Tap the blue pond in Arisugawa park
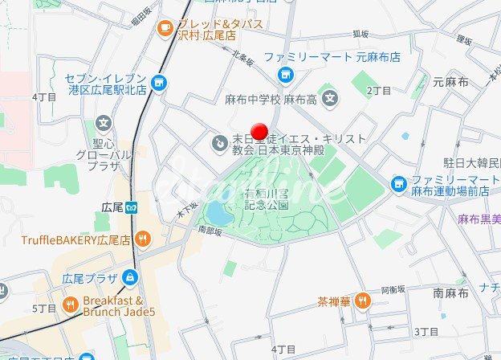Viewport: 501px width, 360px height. click(x=217, y=214)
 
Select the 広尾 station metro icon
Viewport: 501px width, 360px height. click(x=133, y=207)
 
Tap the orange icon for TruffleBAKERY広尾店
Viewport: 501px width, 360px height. click(x=142, y=238)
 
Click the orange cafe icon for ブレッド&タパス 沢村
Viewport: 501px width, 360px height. click(x=165, y=27)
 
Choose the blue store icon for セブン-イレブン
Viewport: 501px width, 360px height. click(x=159, y=82)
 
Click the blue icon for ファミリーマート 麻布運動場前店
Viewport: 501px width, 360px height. click(x=399, y=185)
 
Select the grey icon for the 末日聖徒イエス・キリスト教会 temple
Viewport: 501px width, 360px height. click(x=218, y=143)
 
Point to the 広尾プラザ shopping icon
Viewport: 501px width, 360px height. click(x=129, y=278)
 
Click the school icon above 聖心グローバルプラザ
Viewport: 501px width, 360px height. click(x=103, y=124)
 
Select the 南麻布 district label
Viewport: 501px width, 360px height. click(x=450, y=293)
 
